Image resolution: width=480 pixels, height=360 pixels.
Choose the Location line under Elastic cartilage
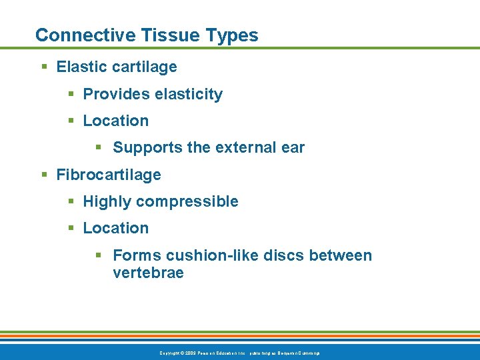point(115,121)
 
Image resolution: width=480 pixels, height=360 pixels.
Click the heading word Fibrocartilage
point(109,175)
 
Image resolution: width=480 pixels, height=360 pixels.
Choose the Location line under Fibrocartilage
point(115,228)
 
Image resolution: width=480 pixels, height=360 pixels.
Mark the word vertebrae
point(148,273)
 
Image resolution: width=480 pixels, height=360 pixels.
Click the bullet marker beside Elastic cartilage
point(44,67)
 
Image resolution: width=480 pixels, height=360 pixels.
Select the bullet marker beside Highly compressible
point(71,201)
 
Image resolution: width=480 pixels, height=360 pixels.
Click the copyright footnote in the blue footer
point(239,353)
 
